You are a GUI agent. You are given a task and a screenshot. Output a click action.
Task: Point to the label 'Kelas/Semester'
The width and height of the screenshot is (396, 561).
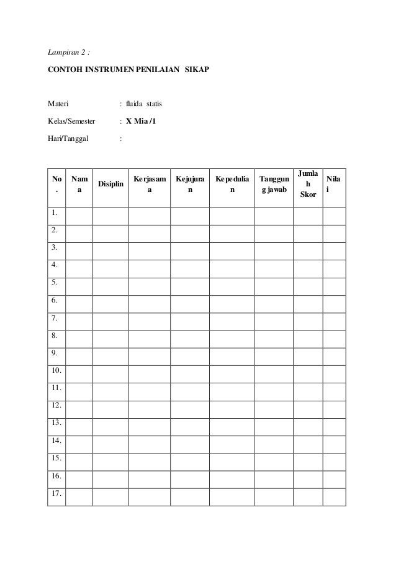(x=73, y=121)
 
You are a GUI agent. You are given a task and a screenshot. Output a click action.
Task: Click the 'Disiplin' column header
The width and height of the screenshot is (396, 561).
(x=110, y=185)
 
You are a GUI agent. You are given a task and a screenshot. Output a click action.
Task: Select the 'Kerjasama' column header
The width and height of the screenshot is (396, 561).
(x=149, y=185)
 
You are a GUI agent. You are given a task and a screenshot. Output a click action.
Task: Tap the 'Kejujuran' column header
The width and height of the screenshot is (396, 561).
(x=190, y=185)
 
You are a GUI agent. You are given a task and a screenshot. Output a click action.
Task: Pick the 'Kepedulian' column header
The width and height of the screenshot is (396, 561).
(x=232, y=185)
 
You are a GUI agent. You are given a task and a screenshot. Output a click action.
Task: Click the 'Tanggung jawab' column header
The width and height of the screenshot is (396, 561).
(x=274, y=185)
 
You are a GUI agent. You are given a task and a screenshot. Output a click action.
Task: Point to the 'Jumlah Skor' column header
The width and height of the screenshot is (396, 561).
(x=308, y=184)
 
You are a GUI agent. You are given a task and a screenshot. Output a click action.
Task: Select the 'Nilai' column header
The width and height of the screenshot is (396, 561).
(x=333, y=185)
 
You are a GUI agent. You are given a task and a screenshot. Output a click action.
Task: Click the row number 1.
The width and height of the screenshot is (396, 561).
(x=55, y=215)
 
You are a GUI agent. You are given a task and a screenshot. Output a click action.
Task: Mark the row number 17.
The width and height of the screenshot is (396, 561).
(x=56, y=496)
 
